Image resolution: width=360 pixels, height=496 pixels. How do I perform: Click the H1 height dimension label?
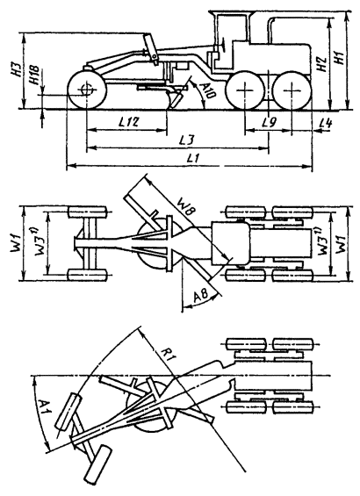340,58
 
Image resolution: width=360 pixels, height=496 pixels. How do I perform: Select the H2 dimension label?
321,65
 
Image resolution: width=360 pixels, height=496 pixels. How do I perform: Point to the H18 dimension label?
34,75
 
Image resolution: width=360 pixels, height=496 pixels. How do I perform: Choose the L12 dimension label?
128,122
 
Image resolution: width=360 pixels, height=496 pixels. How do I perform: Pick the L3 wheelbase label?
188,140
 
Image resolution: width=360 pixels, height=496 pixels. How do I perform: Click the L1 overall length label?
193,158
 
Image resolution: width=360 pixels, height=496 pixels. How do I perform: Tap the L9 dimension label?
270,122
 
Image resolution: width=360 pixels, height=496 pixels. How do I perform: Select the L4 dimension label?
326,123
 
